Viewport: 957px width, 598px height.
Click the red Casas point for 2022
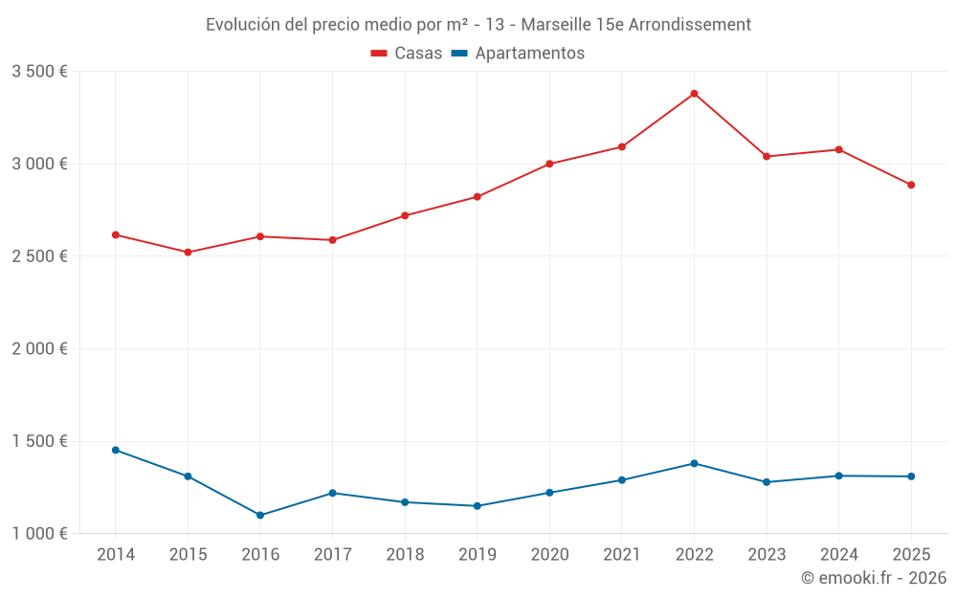click(x=694, y=94)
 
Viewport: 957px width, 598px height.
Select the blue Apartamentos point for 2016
click(x=260, y=515)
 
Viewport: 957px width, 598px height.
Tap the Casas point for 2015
click(x=188, y=252)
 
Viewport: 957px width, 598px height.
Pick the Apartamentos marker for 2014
click(x=116, y=450)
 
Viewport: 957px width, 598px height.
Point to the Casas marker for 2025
click(x=911, y=185)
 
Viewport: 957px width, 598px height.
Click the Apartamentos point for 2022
click(x=694, y=463)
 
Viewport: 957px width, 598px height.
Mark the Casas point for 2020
click(x=549, y=164)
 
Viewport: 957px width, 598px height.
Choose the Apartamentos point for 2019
click(x=477, y=506)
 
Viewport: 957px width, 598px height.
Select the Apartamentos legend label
click(x=529, y=54)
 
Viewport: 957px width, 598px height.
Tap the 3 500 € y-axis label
click(x=39, y=72)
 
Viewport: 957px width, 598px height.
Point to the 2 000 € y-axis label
click(x=39, y=349)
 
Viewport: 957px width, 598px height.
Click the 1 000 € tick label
click(x=39, y=534)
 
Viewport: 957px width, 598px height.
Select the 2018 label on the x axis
click(x=405, y=555)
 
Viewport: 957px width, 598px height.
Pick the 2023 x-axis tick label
click(x=767, y=555)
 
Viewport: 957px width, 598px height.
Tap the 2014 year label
click(x=116, y=555)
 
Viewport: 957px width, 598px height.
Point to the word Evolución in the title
click(x=243, y=24)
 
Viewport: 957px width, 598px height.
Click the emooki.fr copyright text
click(x=874, y=578)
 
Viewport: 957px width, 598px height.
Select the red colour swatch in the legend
click(x=379, y=54)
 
